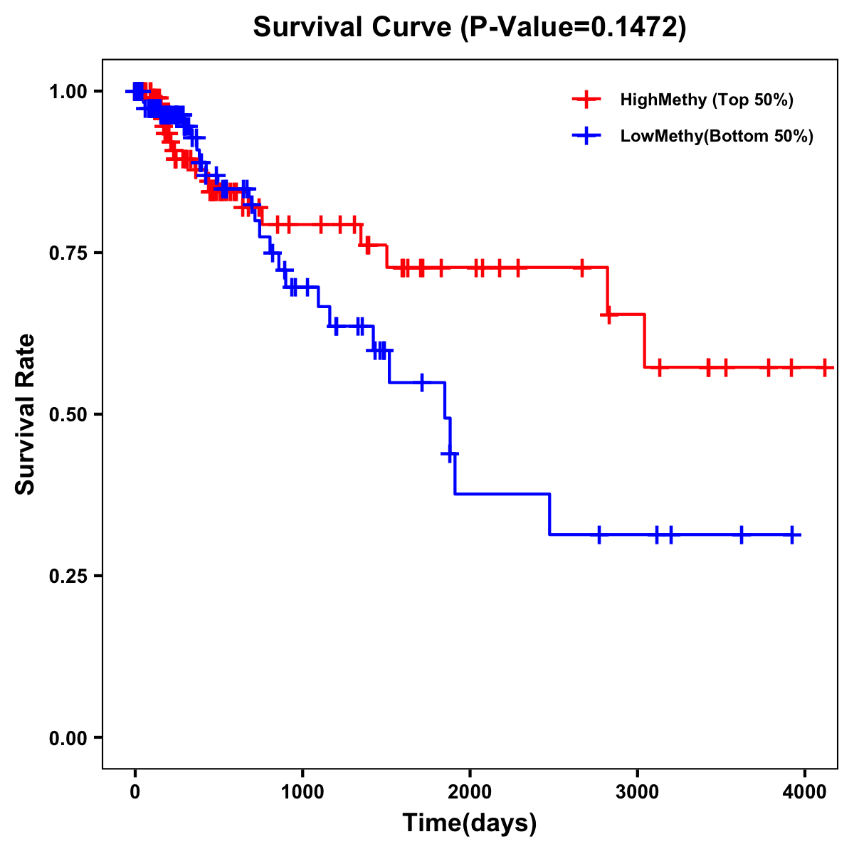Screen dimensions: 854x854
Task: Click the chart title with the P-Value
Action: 470,28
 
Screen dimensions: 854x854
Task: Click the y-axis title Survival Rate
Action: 26,413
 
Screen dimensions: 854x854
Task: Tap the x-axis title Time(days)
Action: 470,823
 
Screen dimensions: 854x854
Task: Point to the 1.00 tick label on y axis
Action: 68,91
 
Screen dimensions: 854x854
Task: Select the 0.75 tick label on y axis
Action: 68,253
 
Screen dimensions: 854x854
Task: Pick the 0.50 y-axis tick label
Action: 68,414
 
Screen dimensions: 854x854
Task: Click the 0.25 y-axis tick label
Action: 68,576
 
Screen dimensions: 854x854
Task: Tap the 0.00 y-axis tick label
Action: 68,737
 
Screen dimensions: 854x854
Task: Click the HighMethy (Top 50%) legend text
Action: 707,100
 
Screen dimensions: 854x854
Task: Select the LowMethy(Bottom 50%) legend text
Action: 717,137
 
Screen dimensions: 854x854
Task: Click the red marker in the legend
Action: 586,100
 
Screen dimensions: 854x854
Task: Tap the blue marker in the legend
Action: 586,137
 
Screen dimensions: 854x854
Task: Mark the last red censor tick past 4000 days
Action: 825,367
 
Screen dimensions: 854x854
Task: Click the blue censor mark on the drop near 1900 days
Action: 450,453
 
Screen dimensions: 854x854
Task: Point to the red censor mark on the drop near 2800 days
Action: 609,315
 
